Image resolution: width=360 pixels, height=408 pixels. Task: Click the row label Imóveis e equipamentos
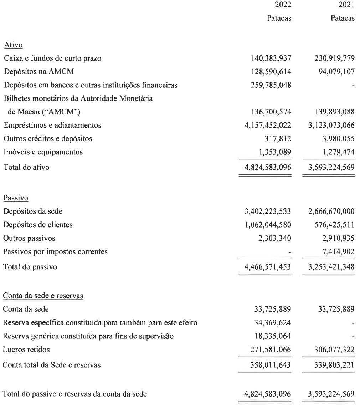[43, 152]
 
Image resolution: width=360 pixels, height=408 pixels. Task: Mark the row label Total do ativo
[26, 167]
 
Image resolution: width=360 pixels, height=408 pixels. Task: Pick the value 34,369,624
[273, 323]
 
